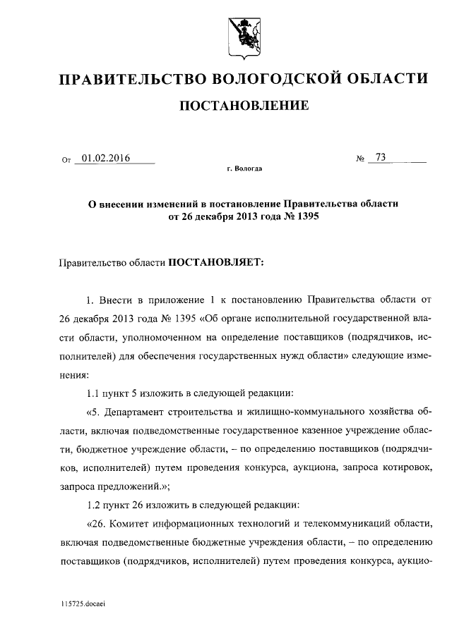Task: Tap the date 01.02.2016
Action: point(106,159)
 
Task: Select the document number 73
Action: point(381,158)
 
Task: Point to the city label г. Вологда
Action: point(244,170)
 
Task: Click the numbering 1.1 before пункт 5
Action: point(93,392)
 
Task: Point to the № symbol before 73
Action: point(361,159)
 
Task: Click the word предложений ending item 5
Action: point(121,485)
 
